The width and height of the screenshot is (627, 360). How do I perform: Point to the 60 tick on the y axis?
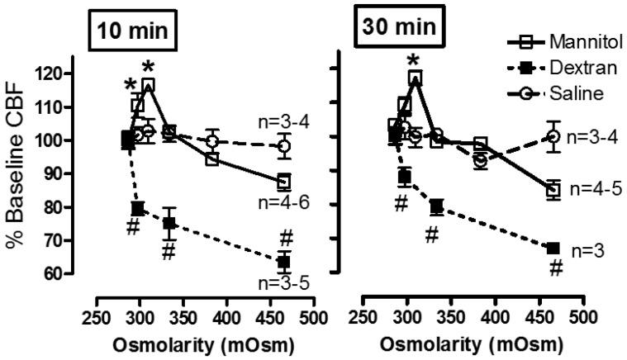click(56, 273)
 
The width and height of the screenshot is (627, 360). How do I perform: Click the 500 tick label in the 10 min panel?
click(312, 318)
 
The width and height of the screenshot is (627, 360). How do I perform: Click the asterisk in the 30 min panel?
click(415, 59)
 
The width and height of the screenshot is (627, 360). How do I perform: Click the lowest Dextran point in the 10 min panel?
click(283, 262)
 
